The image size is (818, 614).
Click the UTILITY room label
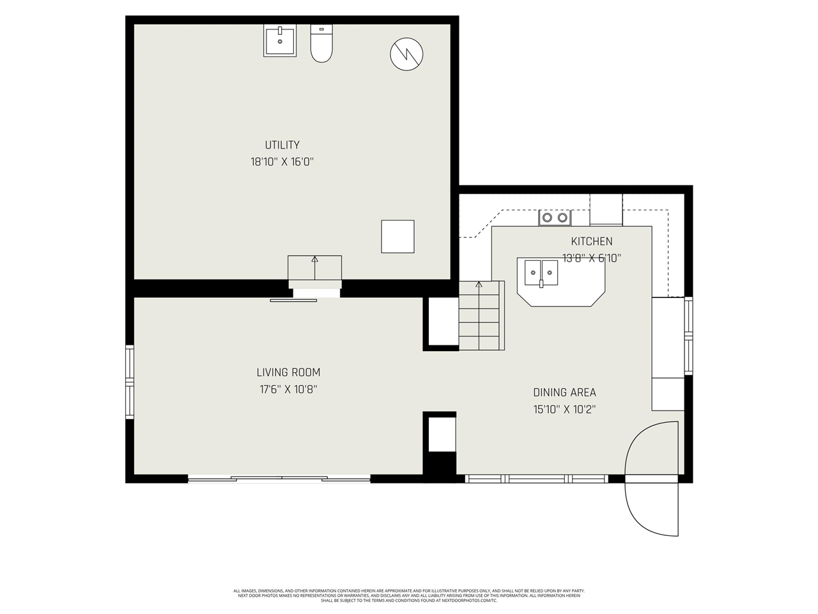click(282, 145)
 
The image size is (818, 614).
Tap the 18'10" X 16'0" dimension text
click(282, 162)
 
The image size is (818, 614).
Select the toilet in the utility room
click(321, 43)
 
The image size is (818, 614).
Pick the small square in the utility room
click(397, 236)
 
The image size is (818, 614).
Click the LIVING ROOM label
click(288, 372)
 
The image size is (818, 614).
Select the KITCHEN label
click(591, 241)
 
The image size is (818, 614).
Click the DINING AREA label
click(564, 393)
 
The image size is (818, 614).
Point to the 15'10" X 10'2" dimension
click(564, 409)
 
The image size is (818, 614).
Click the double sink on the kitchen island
click(542, 273)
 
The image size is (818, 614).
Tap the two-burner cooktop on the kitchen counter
click(555, 217)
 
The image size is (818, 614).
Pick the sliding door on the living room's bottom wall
click(279, 478)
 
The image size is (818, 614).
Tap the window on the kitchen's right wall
click(688, 336)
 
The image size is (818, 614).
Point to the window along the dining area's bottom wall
click(536, 478)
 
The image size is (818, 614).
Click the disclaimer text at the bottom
click(409, 595)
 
